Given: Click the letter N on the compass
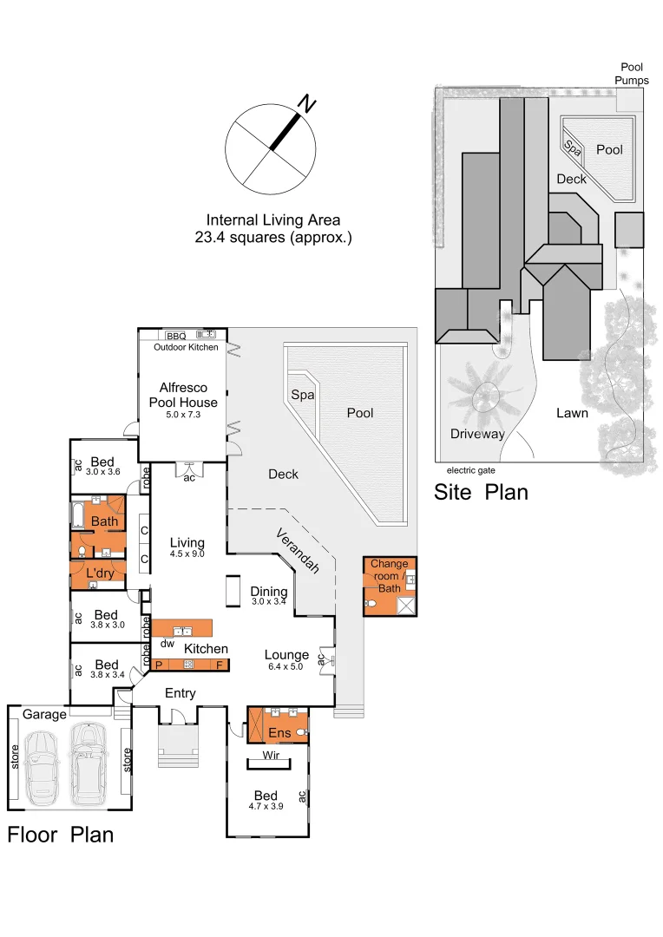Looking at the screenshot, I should click(305, 104).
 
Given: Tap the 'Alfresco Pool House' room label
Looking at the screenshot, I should click(182, 396).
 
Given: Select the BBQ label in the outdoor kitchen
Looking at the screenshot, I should click(176, 336).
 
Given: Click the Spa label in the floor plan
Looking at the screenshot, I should click(301, 395).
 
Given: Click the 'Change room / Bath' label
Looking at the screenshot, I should click(389, 576).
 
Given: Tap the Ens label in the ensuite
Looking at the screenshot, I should click(279, 734).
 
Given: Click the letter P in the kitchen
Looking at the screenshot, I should click(159, 665).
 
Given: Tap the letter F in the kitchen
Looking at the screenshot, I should click(220, 665).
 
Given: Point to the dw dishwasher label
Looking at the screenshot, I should click(167, 645).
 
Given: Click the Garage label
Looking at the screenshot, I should click(44, 714).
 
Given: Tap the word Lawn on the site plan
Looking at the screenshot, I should click(572, 413).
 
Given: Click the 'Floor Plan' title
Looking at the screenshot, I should click(61, 835).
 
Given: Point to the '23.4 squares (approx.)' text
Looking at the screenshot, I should click(273, 237).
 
